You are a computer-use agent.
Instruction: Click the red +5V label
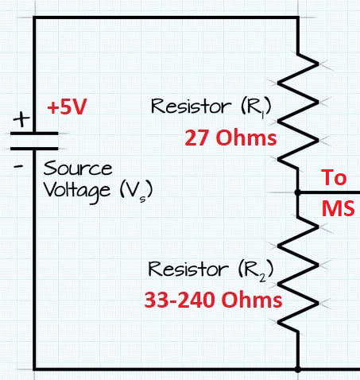67,107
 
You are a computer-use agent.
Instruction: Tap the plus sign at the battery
21,119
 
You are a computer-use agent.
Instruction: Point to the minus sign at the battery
18,167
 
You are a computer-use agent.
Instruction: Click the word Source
78,168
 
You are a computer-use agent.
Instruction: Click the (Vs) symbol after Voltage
137,191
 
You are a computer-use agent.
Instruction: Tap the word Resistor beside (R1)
191,106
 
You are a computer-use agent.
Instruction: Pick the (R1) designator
256,107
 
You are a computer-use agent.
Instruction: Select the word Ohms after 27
246,138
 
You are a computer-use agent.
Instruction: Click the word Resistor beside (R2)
188,269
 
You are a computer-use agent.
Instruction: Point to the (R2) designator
256,270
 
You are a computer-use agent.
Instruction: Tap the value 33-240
180,300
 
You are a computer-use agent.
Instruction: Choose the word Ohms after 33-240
252,300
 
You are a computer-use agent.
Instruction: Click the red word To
334,177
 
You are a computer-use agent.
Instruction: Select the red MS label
338,208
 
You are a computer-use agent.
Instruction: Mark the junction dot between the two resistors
298,192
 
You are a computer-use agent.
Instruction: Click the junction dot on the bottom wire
298,369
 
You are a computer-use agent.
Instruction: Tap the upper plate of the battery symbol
34,134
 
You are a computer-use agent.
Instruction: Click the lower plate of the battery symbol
34,149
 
